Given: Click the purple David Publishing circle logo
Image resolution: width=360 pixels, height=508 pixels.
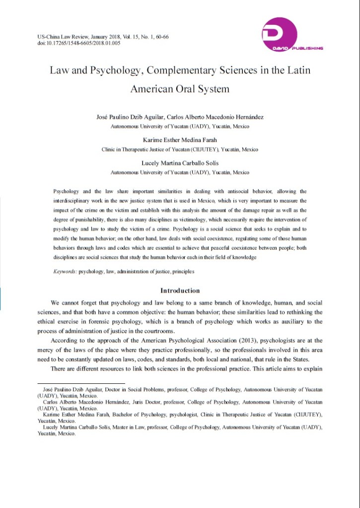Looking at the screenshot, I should coord(280,33).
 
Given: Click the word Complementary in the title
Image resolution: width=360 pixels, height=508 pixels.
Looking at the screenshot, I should coord(176,70).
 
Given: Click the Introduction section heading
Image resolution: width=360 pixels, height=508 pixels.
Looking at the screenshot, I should coord(180,290).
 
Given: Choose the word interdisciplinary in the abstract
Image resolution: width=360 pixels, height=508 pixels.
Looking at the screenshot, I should coord(73,201).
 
